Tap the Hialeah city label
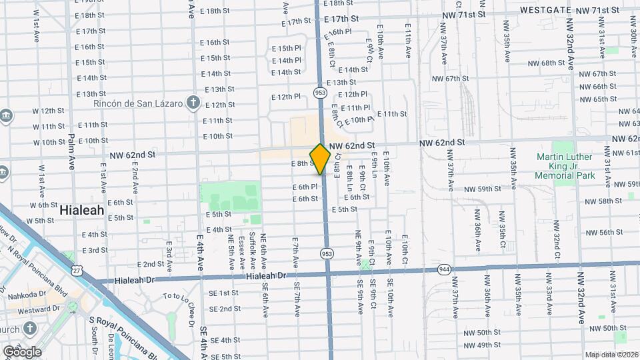click(82, 209)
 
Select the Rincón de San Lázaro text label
click(138, 103)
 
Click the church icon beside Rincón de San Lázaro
click(193, 103)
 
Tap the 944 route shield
click(445, 269)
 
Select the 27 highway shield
click(78, 269)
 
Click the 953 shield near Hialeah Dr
click(327, 253)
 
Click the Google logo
click(22, 351)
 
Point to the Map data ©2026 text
click(611, 355)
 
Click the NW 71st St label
click(597, 11)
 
